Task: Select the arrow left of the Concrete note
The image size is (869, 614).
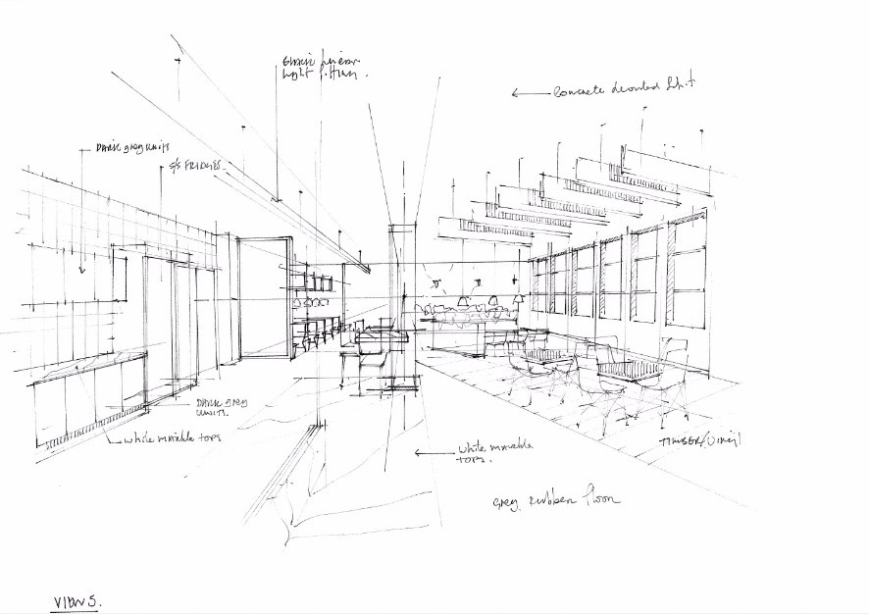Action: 531,93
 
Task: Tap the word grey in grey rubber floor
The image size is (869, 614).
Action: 507,503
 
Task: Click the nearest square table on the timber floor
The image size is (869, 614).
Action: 629,370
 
